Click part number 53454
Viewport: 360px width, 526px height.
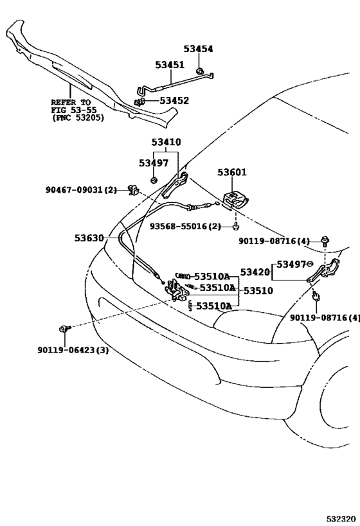198,49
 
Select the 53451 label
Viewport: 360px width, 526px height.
170,65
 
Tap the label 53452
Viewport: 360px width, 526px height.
174,101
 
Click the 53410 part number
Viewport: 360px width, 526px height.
166,142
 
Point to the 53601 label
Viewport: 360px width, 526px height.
232,172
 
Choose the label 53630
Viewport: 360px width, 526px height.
89,238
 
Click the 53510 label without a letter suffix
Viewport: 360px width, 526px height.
258,291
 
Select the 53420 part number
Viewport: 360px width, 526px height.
255,272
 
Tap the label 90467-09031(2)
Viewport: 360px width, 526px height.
81,190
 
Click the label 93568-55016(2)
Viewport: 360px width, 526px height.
185,227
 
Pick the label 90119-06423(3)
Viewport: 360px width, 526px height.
73,350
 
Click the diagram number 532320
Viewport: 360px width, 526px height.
341,519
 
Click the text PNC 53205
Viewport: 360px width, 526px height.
78,118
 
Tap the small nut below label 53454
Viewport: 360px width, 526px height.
199,71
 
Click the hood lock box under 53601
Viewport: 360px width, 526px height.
236,200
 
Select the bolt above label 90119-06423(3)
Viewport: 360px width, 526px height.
64,329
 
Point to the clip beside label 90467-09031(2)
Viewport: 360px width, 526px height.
133,189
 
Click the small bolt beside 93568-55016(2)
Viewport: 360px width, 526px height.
236,227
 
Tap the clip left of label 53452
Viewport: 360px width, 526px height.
139,101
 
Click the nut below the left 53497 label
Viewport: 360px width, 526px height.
154,180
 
